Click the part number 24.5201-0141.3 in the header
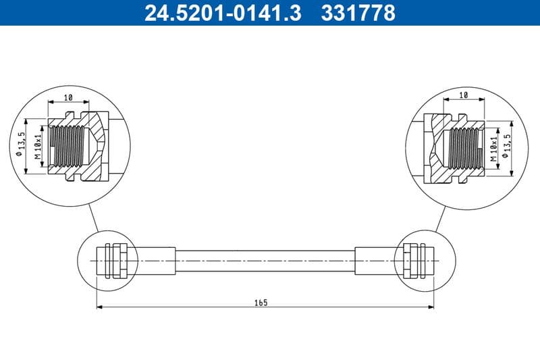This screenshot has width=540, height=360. [223, 13]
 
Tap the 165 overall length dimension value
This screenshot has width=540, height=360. [261, 303]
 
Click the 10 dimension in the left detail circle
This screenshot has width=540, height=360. [68, 97]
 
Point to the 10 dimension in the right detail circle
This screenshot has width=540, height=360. [463, 96]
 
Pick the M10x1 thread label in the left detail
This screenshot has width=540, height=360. [38, 146]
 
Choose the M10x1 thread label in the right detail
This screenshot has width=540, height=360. [494, 146]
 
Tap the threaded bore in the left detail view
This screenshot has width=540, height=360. [67, 146]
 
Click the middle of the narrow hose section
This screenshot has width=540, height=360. [265, 260]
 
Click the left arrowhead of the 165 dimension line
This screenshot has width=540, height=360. [100, 308]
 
